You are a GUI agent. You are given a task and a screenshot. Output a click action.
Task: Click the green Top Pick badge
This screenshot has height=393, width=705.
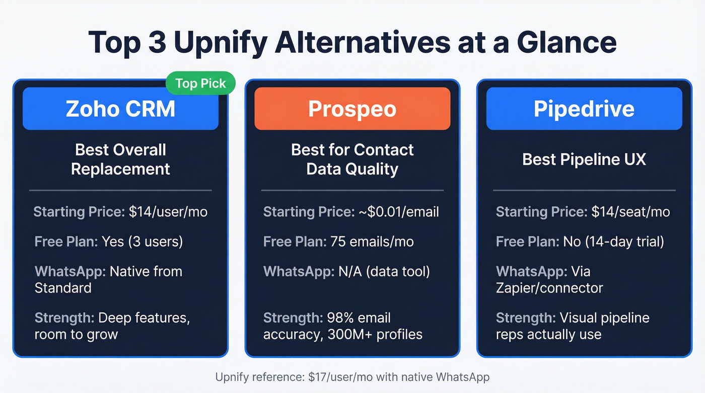[200, 84]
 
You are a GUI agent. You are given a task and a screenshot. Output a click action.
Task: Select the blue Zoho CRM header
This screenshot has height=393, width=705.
[120, 109]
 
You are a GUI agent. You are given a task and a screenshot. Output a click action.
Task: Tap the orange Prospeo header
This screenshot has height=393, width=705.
[352, 109]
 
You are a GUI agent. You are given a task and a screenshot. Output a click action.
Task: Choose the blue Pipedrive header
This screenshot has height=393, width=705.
[584, 109]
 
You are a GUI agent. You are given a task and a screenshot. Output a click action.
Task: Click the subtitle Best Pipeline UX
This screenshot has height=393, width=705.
[584, 159]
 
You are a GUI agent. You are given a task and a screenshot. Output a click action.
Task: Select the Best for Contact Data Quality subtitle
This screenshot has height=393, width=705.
[352, 159]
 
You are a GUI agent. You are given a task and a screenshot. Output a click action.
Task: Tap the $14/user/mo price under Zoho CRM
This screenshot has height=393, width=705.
[168, 212]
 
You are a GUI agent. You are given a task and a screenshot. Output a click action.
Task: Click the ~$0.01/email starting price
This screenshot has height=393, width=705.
[399, 212]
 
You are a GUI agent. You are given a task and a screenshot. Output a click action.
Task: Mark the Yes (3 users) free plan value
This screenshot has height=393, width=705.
[142, 242]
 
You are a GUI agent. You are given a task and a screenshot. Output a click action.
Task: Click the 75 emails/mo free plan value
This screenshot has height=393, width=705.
[372, 242]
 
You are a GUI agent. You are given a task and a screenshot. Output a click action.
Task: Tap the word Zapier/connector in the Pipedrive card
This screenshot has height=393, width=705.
[549, 288]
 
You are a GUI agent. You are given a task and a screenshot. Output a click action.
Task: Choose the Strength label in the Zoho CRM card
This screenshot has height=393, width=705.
[64, 318]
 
